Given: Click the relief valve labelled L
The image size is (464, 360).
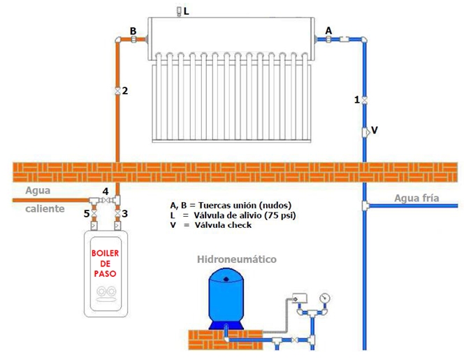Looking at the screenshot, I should coord(179,11).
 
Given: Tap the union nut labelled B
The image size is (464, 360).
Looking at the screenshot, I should coord(133,41).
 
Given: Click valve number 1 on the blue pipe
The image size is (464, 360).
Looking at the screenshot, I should coord(365,100).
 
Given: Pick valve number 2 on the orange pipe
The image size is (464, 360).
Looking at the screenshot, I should coord(117,91).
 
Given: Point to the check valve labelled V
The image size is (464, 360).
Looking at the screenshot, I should coord(365,131).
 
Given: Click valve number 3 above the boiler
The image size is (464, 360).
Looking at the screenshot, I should coord(117,213).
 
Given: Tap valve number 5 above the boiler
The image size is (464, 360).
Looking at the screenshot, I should coord(94,213).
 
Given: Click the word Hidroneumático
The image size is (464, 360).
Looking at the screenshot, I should coord(237,259).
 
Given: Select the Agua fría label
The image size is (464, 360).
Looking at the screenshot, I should coord(416,198).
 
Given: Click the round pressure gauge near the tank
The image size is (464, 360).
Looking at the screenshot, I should coord(324,297).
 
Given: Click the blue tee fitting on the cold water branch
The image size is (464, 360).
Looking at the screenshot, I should coord(365,206).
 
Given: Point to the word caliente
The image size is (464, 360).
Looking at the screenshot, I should coord(45,208).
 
